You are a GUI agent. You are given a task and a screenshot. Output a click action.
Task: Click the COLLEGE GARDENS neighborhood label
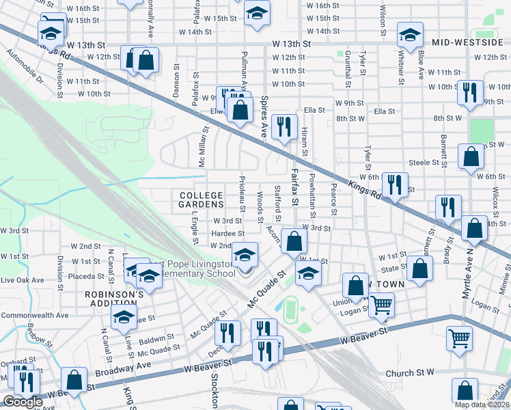tap(201, 200)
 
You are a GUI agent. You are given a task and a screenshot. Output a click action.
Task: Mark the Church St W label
tap(410, 373)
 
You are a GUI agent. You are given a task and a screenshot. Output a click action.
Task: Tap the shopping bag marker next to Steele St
tap(471, 157)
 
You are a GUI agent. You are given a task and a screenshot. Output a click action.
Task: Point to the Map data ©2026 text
tap(481, 405)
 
